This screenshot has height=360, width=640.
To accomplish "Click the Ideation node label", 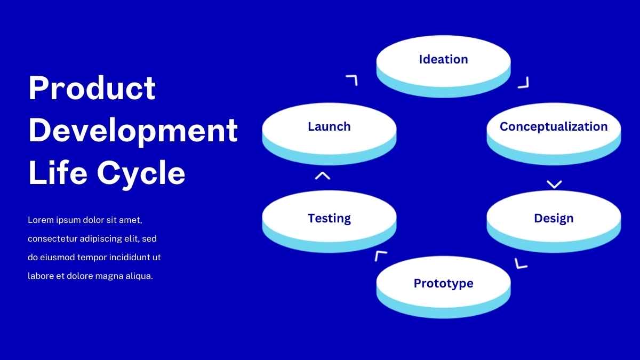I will click(x=443, y=59).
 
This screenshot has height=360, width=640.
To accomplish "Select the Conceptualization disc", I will click(x=554, y=131).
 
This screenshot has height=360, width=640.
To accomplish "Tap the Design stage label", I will click(x=554, y=218).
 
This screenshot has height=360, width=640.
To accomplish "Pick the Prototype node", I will click(x=443, y=285).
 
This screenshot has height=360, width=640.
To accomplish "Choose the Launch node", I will click(x=329, y=130).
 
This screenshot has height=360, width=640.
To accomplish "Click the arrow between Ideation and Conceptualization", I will click(x=524, y=82).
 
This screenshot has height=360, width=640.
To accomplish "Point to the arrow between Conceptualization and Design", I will click(x=554, y=184).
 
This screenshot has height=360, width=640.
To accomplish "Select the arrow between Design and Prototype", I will click(x=521, y=263).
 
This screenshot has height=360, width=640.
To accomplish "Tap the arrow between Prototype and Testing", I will click(x=380, y=256).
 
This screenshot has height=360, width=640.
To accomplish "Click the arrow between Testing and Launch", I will click(x=322, y=175).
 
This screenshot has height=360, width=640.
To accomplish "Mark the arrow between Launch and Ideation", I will click(x=351, y=81).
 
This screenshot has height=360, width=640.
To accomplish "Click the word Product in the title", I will click(x=92, y=88).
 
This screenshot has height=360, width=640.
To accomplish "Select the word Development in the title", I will click(x=133, y=131).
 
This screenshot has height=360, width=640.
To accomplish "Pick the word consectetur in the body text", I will click(x=53, y=238).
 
